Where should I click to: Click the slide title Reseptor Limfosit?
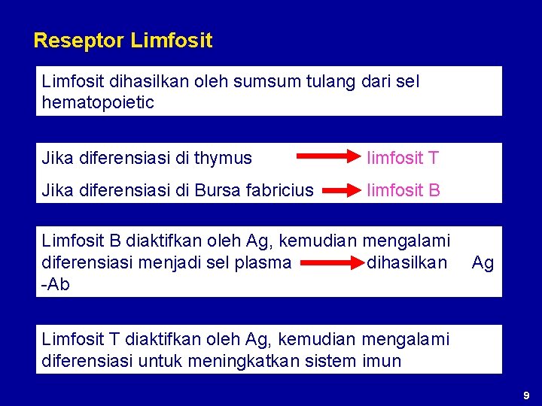[123, 40]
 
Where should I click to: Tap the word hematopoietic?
[98, 102]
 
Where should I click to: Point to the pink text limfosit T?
[403, 158]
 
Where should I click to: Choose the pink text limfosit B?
[403, 190]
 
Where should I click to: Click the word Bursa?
[218, 190]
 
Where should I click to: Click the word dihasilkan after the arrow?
[406, 262]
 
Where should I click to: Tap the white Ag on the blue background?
[483, 262]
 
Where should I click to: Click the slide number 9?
[526, 395]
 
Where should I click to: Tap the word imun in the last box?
[383, 360]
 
